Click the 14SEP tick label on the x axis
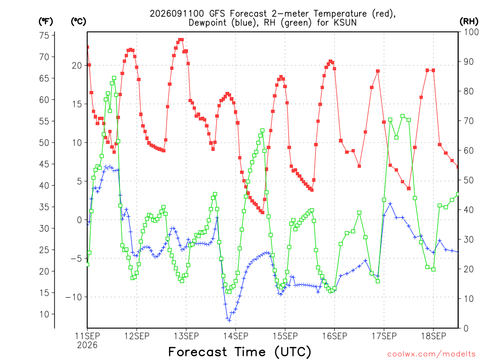(x=235, y=336)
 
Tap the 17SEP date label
(x=384, y=336)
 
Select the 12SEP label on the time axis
(x=136, y=336)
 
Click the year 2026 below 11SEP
(x=87, y=345)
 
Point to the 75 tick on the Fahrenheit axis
(x=44, y=36)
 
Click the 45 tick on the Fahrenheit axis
(x=44, y=164)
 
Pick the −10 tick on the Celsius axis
(x=74, y=297)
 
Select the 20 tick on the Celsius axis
(x=77, y=66)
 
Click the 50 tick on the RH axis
(x=469, y=180)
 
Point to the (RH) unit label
(x=469, y=21)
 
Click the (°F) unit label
(x=45, y=22)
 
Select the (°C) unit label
(x=78, y=22)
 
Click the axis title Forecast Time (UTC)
(x=240, y=352)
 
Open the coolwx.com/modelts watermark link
(x=431, y=354)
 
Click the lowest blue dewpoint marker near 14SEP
(x=229, y=321)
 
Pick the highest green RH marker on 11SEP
(x=114, y=78)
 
